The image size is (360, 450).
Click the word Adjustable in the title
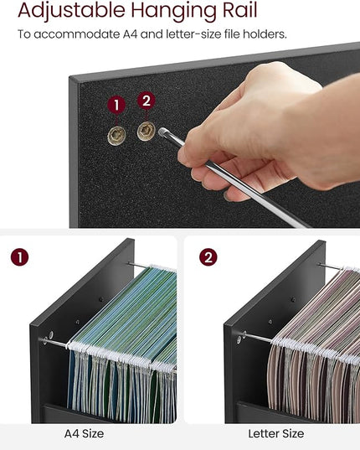tap(71, 12)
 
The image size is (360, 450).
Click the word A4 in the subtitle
tap(130, 34)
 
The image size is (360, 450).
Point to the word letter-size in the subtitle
tap(193, 34)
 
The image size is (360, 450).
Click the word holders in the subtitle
tap(265, 34)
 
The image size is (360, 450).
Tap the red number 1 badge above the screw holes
tap(116, 105)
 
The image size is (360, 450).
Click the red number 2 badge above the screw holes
tap(147, 101)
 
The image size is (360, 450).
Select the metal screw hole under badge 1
tap(116, 136)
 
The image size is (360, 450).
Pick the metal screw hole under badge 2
tap(147, 132)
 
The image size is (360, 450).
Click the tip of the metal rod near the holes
tap(162, 132)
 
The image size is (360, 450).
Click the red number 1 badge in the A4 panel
tap(20, 257)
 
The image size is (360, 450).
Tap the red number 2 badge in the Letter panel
tap(208, 257)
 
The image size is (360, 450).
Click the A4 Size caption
tap(84, 433)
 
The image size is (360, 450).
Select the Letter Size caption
tap(275, 433)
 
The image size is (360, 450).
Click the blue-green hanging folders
tap(123, 344)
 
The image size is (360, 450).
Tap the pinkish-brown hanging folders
tap(314, 344)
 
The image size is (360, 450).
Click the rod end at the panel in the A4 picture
tap(45, 341)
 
